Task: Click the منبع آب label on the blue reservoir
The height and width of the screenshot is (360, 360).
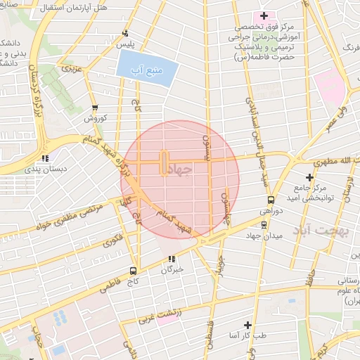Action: (146, 70)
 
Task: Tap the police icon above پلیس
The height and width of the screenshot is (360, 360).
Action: (126, 33)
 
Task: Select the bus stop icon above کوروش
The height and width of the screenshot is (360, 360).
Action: (95, 108)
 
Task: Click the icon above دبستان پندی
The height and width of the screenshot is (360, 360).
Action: (46, 158)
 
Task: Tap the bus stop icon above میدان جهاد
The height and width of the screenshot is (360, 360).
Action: (264, 225)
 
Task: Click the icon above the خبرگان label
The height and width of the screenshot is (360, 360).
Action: (172, 258)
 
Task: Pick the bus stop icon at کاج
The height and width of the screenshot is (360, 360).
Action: (134, 271)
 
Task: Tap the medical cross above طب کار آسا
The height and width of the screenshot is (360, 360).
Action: (247, 325)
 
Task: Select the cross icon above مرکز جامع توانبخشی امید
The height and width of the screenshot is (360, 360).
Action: (309, 176)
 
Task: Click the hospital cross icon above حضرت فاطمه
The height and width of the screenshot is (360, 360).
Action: (264, 15)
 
